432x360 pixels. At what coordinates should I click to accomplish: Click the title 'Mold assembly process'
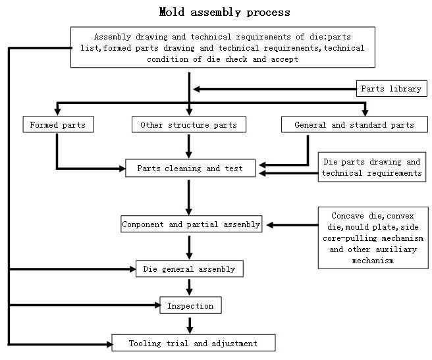coord(225,12)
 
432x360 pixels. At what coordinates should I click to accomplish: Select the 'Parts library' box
coord(391,89)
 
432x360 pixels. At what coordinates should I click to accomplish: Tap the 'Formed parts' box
coord(57,124)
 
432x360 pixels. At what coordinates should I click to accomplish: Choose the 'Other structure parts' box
coord(188,124)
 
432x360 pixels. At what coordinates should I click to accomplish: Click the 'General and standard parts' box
coord(354,124)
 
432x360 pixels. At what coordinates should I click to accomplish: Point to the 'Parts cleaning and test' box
coord(190,168)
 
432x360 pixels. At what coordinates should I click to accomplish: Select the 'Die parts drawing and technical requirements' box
coord(371,168)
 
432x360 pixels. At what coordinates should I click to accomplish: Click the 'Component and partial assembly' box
coord(191,224)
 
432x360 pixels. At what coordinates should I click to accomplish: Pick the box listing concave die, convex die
coord(372,238)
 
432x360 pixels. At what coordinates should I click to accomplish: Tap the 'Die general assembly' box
coord(190,269)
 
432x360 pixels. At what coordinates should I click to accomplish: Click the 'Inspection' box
coord(190,305)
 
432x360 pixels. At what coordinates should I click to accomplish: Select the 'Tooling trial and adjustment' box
coord(193,343)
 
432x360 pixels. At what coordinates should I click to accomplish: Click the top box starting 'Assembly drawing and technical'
coord(222,47)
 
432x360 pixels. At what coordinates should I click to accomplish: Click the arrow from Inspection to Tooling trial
coord(190,324)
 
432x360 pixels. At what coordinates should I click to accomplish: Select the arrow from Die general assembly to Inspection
coord(190,287)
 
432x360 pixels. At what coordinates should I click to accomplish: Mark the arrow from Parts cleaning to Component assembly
coord(190,195)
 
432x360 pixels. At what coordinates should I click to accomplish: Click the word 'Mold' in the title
coord(173,12)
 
